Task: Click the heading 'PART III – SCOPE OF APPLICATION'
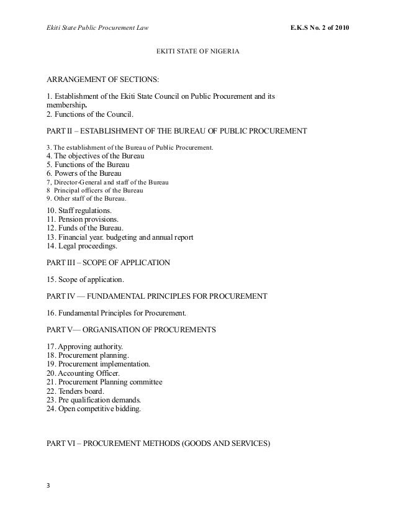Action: tap(109, 263)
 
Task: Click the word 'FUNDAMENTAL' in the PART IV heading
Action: tap(126, 297)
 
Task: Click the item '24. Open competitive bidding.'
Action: tap(94, 409)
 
